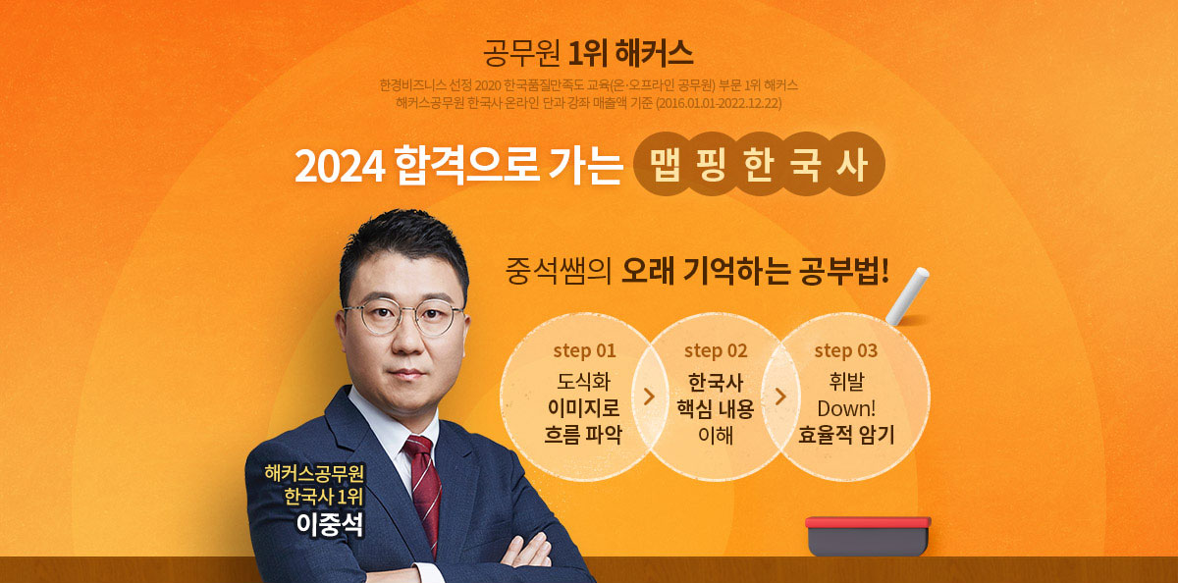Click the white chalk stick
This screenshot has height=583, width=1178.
(907, 296)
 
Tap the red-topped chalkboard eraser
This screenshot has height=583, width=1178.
(868, 536)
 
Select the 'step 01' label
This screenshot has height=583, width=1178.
(584, 350)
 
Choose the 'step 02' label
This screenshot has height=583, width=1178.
(716, 350)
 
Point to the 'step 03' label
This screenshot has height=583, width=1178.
(846, 350)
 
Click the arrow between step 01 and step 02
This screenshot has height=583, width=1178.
(650, 397)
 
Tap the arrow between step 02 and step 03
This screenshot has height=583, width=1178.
(781, 397)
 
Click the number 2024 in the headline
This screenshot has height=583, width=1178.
(341, 167)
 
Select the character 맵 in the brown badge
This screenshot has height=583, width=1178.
(666, 164)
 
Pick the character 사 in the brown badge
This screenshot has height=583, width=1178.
(852, 164)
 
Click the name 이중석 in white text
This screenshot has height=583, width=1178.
(330, 524)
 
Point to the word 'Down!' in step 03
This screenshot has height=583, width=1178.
(846, 408)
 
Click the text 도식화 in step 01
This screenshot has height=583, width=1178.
(584, 382)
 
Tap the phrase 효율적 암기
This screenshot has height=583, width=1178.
(846, 435)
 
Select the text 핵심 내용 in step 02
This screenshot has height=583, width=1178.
(716, 408)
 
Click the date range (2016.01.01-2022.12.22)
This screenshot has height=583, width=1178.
(719, 103)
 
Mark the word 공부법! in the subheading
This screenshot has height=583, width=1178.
(844, 271)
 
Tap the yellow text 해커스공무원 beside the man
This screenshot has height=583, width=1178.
(314, 473)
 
